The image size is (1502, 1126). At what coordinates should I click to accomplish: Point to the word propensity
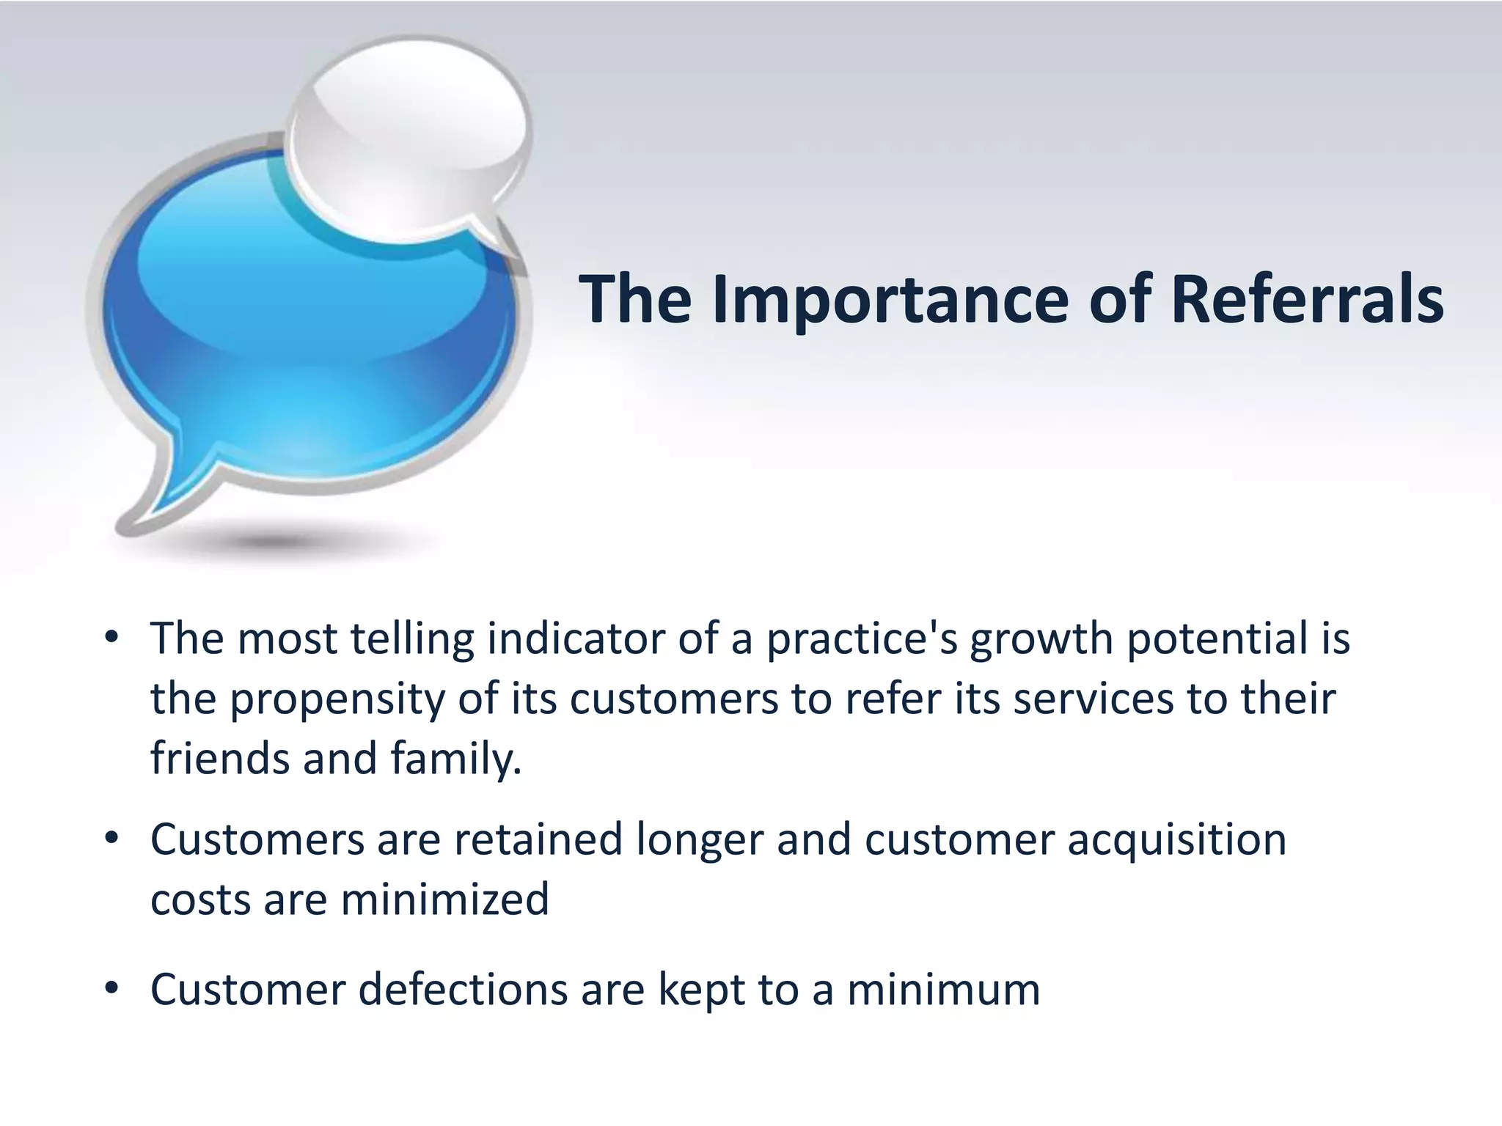click(338, 700)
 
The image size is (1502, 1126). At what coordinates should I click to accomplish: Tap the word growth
click(1042, 639)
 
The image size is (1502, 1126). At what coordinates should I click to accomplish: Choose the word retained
click(538, 839)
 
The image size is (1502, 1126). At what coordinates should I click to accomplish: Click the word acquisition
click(1176, 841)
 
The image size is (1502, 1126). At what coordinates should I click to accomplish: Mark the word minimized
click(445, 899)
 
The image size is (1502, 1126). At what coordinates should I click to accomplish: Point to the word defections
click(463, 990)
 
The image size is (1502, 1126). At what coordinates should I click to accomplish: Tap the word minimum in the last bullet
click(944, 990)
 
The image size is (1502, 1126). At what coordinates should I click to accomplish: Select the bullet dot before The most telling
click(111, 638)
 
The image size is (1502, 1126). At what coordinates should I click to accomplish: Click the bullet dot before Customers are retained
click(111, 839)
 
